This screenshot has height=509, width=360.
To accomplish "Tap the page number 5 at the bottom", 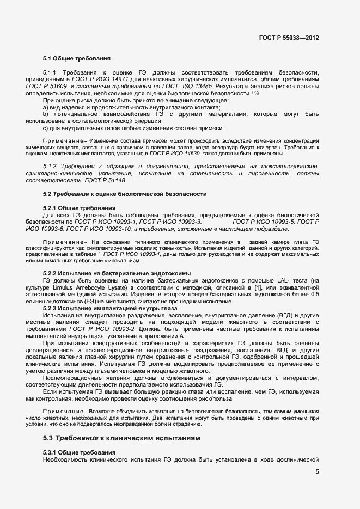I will tap(317, 471).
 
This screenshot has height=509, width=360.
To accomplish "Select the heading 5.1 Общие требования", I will tap(77, 58).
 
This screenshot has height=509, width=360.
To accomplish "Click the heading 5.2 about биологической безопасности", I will tap(125, 194).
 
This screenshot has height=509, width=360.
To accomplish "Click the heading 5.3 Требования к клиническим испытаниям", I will tap(122, 438).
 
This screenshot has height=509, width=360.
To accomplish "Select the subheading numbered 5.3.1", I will tap(79, 453).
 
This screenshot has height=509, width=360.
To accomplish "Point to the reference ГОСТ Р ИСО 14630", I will tap(198, 154).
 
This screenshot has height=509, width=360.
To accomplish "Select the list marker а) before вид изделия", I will tap(46, 107).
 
